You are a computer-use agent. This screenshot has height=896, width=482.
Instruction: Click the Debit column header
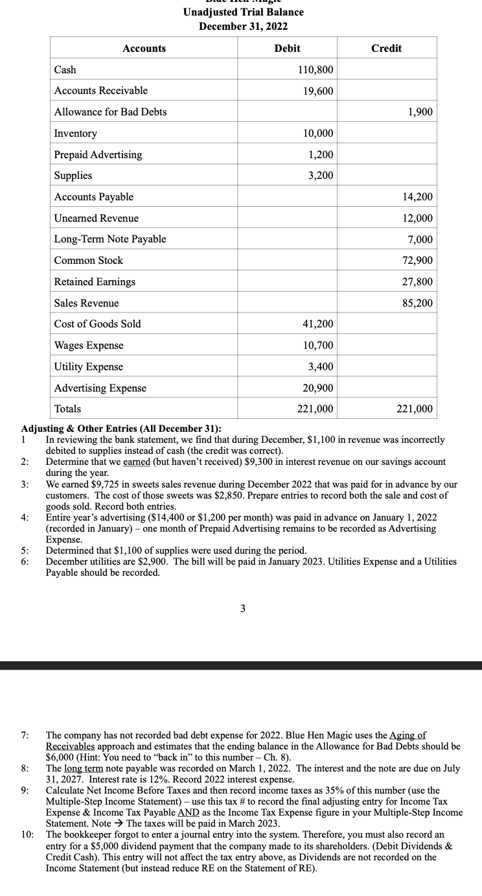[x=287, y=49]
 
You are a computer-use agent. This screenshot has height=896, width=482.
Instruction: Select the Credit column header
[x=386, y=49]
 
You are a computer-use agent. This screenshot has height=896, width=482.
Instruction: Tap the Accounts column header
[x=144, y=49]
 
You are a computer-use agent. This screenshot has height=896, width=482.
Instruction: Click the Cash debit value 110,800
[x=316, y=70]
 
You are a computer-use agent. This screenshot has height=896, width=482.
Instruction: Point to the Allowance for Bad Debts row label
[x=110, y=112]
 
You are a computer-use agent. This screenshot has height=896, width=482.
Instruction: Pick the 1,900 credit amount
[x=420, y=112]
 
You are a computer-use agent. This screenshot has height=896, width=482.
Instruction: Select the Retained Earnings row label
[x=95, y=281]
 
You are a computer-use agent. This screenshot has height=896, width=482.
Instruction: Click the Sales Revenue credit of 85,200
[x=418, y=303]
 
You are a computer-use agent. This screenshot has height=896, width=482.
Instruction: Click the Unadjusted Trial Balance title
[x=243, y=12]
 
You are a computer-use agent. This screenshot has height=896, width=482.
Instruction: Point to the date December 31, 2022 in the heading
[x=243, y=27]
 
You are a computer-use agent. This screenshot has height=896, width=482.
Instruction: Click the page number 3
[x=242, y=608]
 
